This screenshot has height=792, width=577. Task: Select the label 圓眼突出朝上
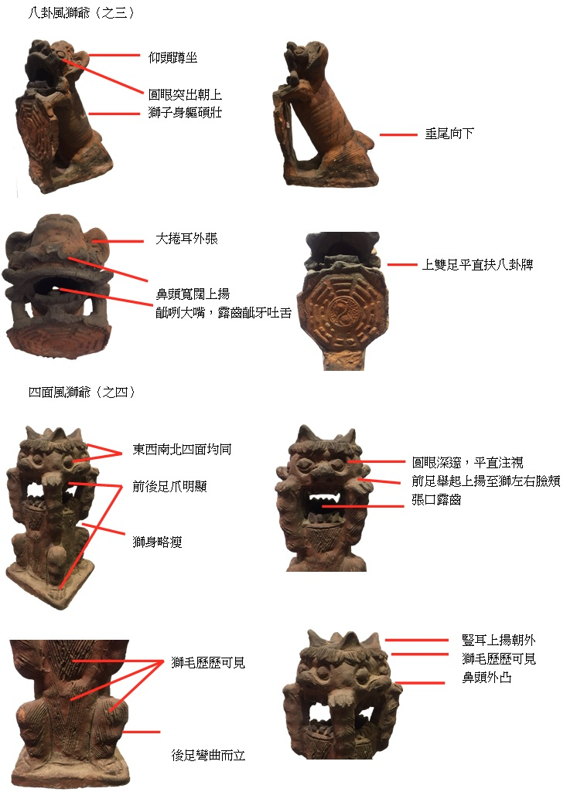(186, 95)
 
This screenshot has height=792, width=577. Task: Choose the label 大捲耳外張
(186, 240)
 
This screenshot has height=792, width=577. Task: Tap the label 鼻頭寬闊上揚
(193, 294)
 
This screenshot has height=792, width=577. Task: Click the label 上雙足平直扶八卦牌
(477, 265)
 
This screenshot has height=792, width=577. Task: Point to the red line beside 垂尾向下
(398, 134)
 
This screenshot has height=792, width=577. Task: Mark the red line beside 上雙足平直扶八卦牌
(403, 265)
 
